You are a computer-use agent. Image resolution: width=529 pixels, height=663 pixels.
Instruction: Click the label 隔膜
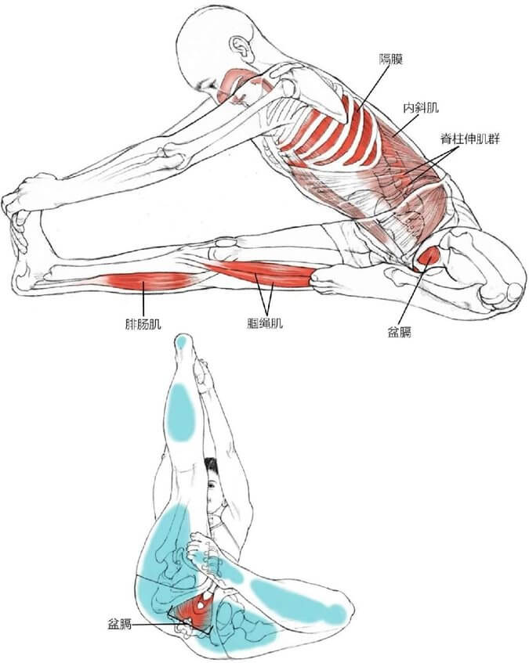(390, 59)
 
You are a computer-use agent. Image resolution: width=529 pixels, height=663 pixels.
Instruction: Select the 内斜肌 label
(420, 108)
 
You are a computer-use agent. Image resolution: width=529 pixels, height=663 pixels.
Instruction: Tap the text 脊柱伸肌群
(470, 139)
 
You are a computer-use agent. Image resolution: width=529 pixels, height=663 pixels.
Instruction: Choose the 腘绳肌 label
(265, 323)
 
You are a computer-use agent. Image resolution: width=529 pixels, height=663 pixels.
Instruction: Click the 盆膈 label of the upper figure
(400, 332)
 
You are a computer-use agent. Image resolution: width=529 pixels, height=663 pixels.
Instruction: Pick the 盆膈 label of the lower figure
(120, 624)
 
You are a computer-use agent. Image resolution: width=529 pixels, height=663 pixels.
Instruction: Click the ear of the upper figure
(241, 47)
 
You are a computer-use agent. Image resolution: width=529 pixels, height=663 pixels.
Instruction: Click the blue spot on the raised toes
(182, 341)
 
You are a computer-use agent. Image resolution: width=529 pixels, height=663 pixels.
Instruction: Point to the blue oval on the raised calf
(181, 413)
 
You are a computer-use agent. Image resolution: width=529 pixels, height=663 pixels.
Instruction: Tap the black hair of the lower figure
(212, 468)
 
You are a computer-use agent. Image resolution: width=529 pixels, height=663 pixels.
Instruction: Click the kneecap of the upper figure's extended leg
(226, 243)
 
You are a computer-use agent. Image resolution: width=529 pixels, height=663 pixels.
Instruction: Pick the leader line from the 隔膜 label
(373, 88)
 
